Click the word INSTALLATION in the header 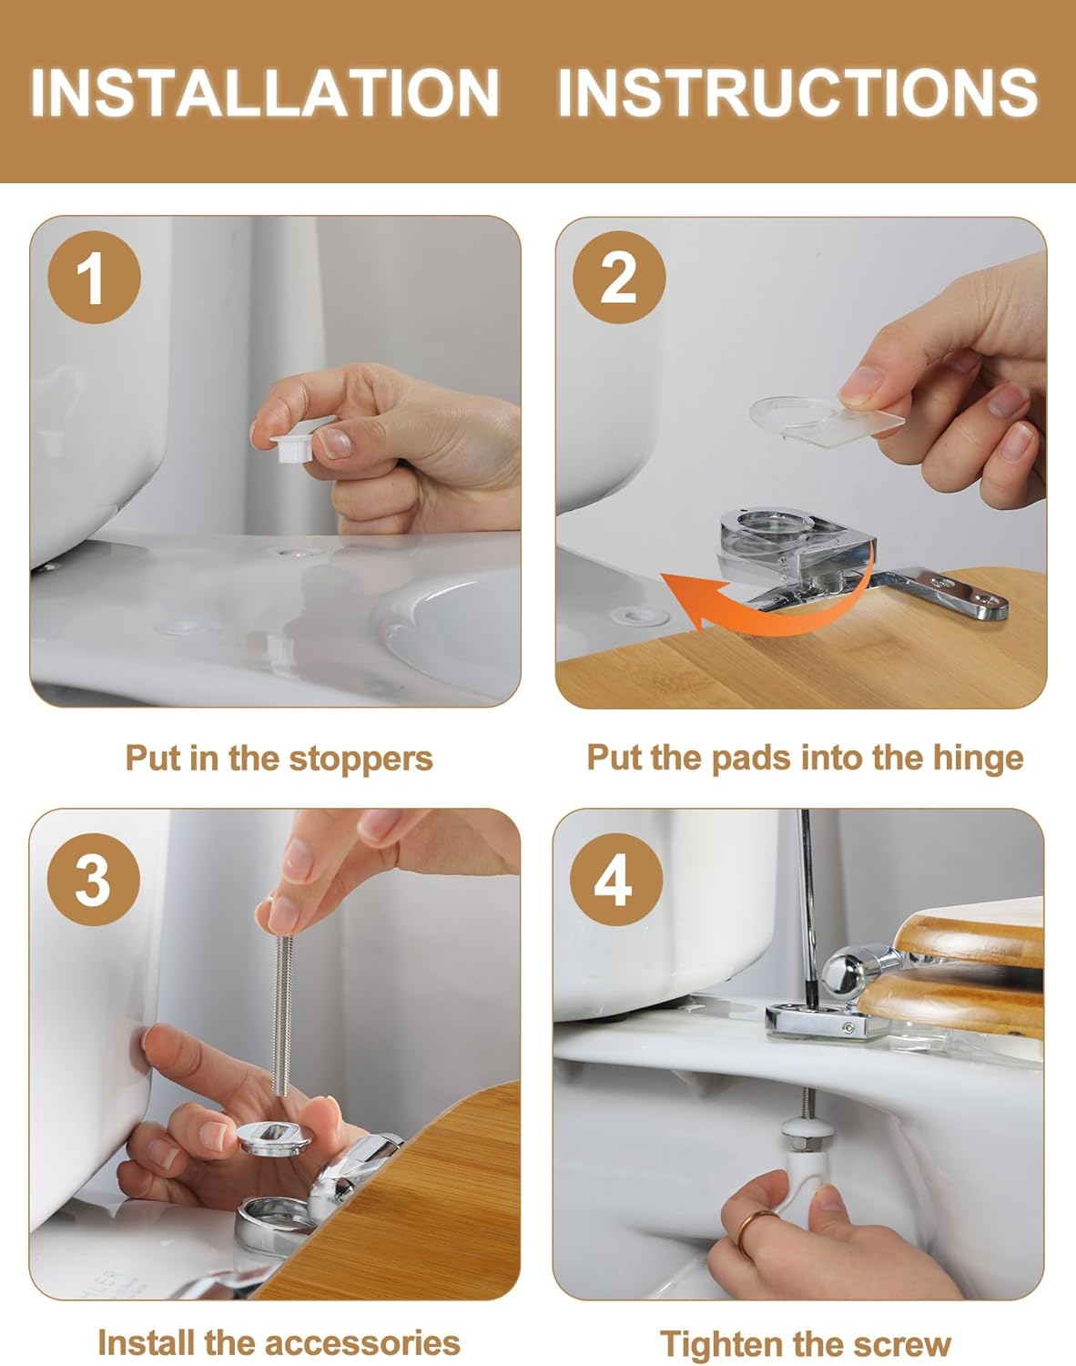click(265, 93)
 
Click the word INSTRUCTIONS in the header click(798, 93)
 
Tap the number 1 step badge click(94, 278)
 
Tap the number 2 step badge click(619, 278)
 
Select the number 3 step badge click(93, 879)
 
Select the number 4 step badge click(615, 879)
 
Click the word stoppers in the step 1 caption click(360, 759)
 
